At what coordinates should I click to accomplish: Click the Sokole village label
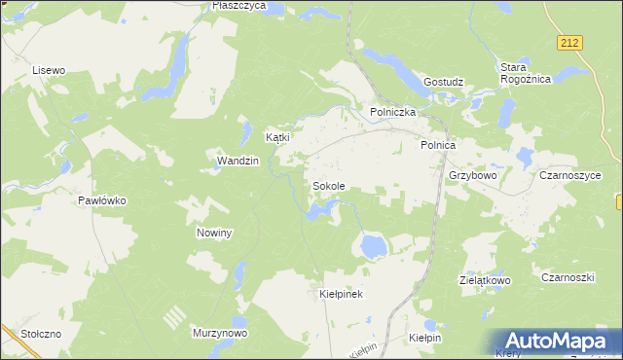pos(328,185)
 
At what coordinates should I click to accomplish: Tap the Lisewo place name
pos(48,70)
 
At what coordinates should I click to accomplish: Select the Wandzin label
pos(237,161)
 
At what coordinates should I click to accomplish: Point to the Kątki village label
pos(278,137)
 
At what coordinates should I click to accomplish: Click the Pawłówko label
pos(102,199)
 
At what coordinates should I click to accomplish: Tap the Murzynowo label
pos(220,332)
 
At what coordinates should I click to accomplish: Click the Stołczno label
pos(42,332)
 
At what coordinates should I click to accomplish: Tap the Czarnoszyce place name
pos(569,176)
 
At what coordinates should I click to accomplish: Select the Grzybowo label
pos(473,176)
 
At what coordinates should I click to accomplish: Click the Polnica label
pos(438,144)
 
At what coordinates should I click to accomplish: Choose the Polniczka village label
pos(393,113)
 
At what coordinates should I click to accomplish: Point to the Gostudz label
pos(444,84)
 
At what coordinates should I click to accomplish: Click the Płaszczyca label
pos(239,6)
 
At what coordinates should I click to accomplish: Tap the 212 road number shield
pos(570,43)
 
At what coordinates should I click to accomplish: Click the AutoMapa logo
pos(558,341)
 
